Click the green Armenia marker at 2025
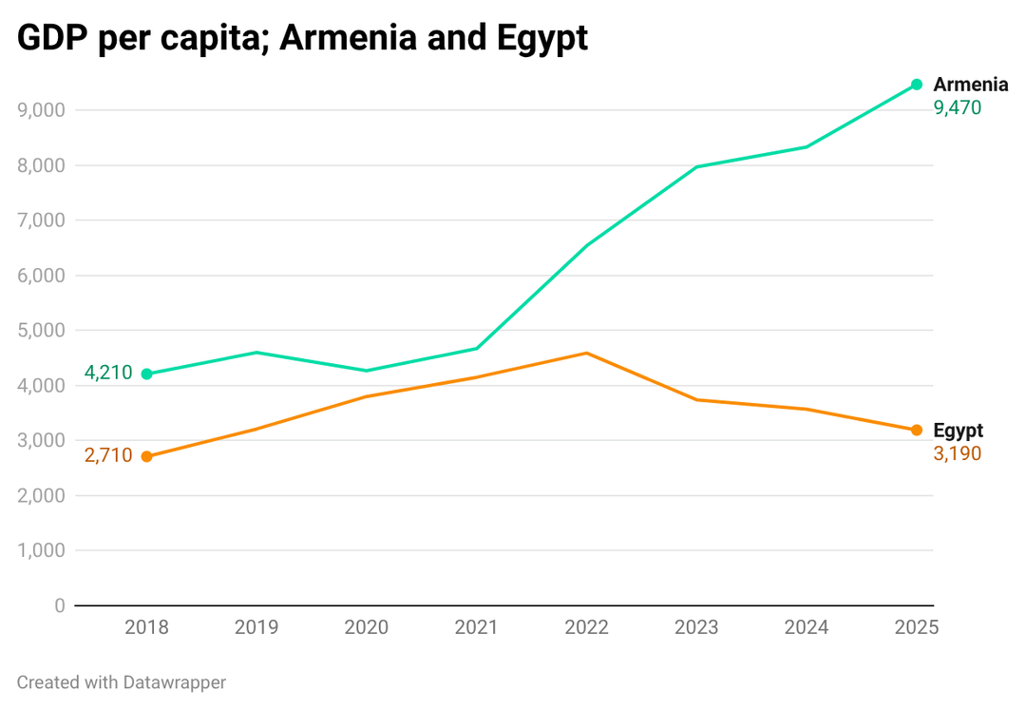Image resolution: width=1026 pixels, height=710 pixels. [x=917, y=85]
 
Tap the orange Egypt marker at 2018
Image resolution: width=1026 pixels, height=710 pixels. [x=146, y=456]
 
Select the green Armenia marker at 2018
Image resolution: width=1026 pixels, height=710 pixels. [x=146, y=374]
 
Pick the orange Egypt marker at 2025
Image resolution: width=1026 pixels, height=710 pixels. [x=917, y=431]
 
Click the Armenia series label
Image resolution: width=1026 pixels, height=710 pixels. [x=970, y=85]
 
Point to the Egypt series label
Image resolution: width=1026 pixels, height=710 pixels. [x=958, y=431]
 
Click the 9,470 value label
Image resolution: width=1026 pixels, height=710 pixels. [x=957, y=108]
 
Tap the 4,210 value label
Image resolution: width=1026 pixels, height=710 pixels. [x=107, y=373]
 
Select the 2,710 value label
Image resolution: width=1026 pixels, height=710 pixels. [x=107, y=455]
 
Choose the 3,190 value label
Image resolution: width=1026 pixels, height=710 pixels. [x=957, y=454]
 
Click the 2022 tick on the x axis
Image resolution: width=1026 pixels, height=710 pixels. [x=586, y=627]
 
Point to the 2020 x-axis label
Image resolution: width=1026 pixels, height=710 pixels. [x=367, y=627]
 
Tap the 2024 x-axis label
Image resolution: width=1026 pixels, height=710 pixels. [x=807, y=627]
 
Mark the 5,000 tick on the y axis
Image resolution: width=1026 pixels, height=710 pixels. [x=42, y=331]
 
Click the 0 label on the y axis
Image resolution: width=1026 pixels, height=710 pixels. [x=60, y=605]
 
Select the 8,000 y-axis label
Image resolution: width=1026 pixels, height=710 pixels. [x=42, y=165]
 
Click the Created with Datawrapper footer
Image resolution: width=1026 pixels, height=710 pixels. [x=122, y=681]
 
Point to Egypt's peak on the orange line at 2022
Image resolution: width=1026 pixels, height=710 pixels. [x=586, y=354]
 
